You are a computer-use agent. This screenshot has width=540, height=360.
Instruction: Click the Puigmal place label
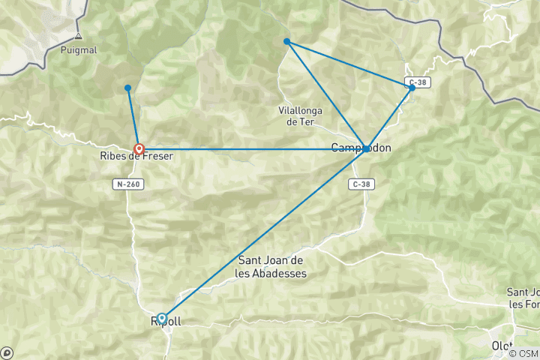pos(78,51)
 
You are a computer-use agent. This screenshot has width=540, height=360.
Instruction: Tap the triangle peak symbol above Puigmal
pos(78,35)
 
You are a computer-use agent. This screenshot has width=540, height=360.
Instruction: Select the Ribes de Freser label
pos(136,156)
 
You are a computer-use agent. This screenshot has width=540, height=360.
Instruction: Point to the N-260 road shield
pos(129,184)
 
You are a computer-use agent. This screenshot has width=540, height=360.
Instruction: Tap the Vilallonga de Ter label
pos(300,115)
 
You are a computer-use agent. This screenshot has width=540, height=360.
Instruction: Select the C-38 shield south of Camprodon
pos(361,184)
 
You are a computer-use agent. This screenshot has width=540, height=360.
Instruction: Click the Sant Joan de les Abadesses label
pos(271,266)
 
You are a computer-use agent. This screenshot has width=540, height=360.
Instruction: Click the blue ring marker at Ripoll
pos(162,319)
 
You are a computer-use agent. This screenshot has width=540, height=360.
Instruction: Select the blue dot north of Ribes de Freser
pos(128,88)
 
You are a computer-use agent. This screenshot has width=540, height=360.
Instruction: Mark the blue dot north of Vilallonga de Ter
pos(287,41)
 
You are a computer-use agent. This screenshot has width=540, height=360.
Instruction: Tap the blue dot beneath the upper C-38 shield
pos(412,88)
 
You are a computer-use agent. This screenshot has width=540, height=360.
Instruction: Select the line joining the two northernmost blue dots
pos(349,64)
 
